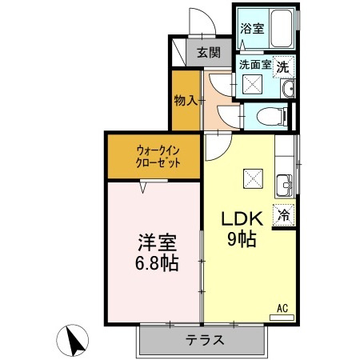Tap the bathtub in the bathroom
(x=280, y=29)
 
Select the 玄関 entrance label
(x=209, y=54)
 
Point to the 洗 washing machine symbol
(x=284, y=67)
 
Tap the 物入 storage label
(x=185, y=102)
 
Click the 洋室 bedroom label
(x=151, y=242)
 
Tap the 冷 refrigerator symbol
(x=284, y=214)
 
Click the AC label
(x=282, y=307)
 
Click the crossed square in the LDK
(x=253, y=177)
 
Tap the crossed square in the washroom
(x=252, y=86)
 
